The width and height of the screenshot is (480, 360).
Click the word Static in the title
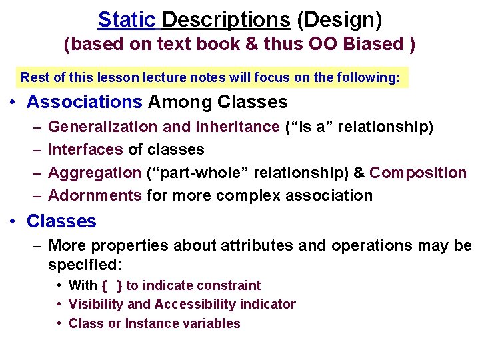tap(127, 20)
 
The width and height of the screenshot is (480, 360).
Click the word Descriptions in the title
tap(226, 20)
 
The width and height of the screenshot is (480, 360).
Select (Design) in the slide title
tap(339, 20)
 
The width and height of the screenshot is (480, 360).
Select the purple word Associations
tap(84, 102)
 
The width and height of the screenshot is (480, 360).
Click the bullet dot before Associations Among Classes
tap(15, 103)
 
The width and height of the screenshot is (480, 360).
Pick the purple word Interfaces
tap(85, 149)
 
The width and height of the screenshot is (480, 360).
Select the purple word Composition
tap(418, 173)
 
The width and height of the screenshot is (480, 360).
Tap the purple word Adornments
tap(95, 195)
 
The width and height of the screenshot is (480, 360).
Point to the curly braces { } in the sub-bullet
tap(112, 285)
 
